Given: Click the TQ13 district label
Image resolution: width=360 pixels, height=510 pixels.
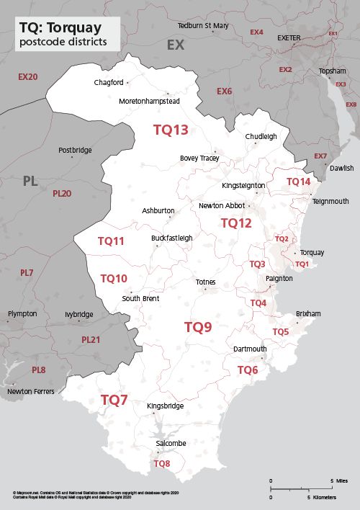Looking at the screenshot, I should tap(171, 130).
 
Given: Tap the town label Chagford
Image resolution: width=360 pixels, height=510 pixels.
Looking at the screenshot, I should tap(109, 83).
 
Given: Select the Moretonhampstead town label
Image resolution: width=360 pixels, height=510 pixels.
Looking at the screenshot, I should tap(149, 101).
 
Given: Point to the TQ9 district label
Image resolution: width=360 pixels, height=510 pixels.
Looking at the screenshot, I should tap(198, 327).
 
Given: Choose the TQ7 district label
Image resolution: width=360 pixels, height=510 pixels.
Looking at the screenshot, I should tap(114, 400).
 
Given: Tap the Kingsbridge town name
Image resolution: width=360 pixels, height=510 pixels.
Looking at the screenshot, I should tap(165, 406).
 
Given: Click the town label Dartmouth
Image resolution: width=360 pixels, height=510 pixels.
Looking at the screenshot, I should tap(250, 349).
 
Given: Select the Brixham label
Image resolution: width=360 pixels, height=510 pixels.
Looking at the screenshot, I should tap(308, 314).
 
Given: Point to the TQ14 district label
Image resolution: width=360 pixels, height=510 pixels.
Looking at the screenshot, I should tap(298, 182).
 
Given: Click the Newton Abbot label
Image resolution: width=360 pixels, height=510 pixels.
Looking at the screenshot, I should tap(222, 206).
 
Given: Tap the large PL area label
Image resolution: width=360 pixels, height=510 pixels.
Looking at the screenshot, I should tap(30, 181).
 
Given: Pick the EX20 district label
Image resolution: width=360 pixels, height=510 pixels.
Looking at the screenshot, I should tap(27, 76).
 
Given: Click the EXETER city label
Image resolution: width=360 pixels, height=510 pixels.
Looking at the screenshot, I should tap(289, 37).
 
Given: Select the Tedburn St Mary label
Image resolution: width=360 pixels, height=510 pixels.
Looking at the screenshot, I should tap(203, 26).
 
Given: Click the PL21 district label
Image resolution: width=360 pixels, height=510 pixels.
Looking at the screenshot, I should tap(91, 339).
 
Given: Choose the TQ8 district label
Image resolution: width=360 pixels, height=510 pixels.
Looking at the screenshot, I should tap(162, 464).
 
